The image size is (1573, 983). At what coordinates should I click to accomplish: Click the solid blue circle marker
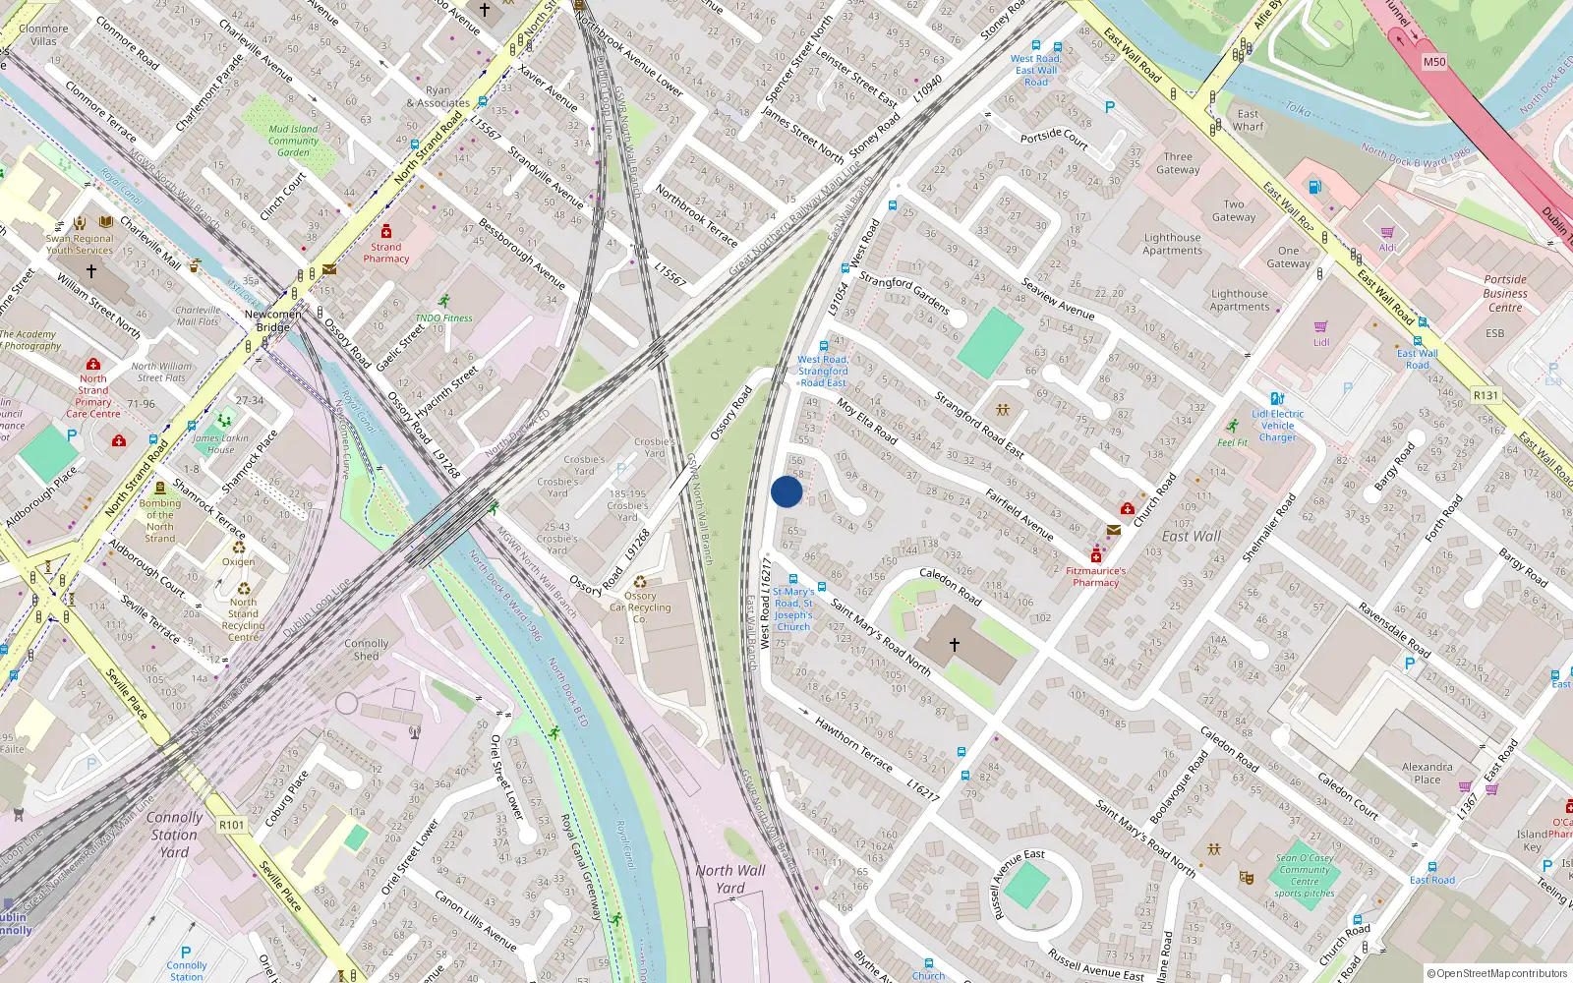[x=786, y=491]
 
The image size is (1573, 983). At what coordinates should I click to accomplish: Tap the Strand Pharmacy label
[x=385, y=253]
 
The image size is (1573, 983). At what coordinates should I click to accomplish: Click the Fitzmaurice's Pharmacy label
[x=1095, y=576]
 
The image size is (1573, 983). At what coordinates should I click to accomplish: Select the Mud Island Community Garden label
[x=293, y=141]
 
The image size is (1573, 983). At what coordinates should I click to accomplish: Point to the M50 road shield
[x=1434, y=62]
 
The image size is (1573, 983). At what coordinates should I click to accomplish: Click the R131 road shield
[x=1486, y=395]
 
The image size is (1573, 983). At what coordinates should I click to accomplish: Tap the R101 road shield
[x=231, y=825]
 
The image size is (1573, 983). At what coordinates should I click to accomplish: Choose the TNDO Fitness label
[x=443, y=318]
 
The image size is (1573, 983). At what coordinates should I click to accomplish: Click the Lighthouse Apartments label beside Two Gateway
[x=1172, y=244]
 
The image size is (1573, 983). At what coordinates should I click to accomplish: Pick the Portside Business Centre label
[x=1504, y=293]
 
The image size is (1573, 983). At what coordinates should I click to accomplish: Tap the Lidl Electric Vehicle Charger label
[x=1277, y=426]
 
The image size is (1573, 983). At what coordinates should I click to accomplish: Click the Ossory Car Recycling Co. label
[x=640, y=607]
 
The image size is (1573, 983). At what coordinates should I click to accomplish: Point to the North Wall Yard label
[x=729, y=879]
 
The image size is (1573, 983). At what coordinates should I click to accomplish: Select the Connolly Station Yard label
[x=174, y=835]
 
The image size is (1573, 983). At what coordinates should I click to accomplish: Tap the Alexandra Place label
[x=1427, y=773]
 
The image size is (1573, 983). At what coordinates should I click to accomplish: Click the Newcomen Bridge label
[x=273, y=320]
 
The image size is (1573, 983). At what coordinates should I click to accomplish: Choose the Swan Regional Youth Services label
[x=80, y=244]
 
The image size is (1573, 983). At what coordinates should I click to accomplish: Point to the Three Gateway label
[x=1178, y=163]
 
